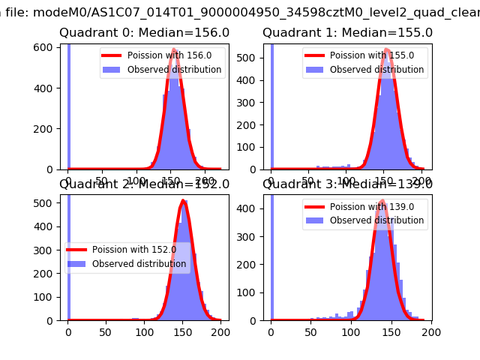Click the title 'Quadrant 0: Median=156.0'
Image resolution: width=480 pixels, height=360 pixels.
click(144, 33)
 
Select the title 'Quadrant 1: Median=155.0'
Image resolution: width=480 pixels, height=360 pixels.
click(347, 33)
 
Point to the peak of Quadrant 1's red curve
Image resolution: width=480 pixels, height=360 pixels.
click(387, 50)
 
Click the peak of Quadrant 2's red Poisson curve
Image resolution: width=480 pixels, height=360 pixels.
click(184, 201)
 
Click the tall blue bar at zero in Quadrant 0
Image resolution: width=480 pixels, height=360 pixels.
click(68, 105)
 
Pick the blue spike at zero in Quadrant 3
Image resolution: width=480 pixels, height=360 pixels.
click(271, 255)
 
